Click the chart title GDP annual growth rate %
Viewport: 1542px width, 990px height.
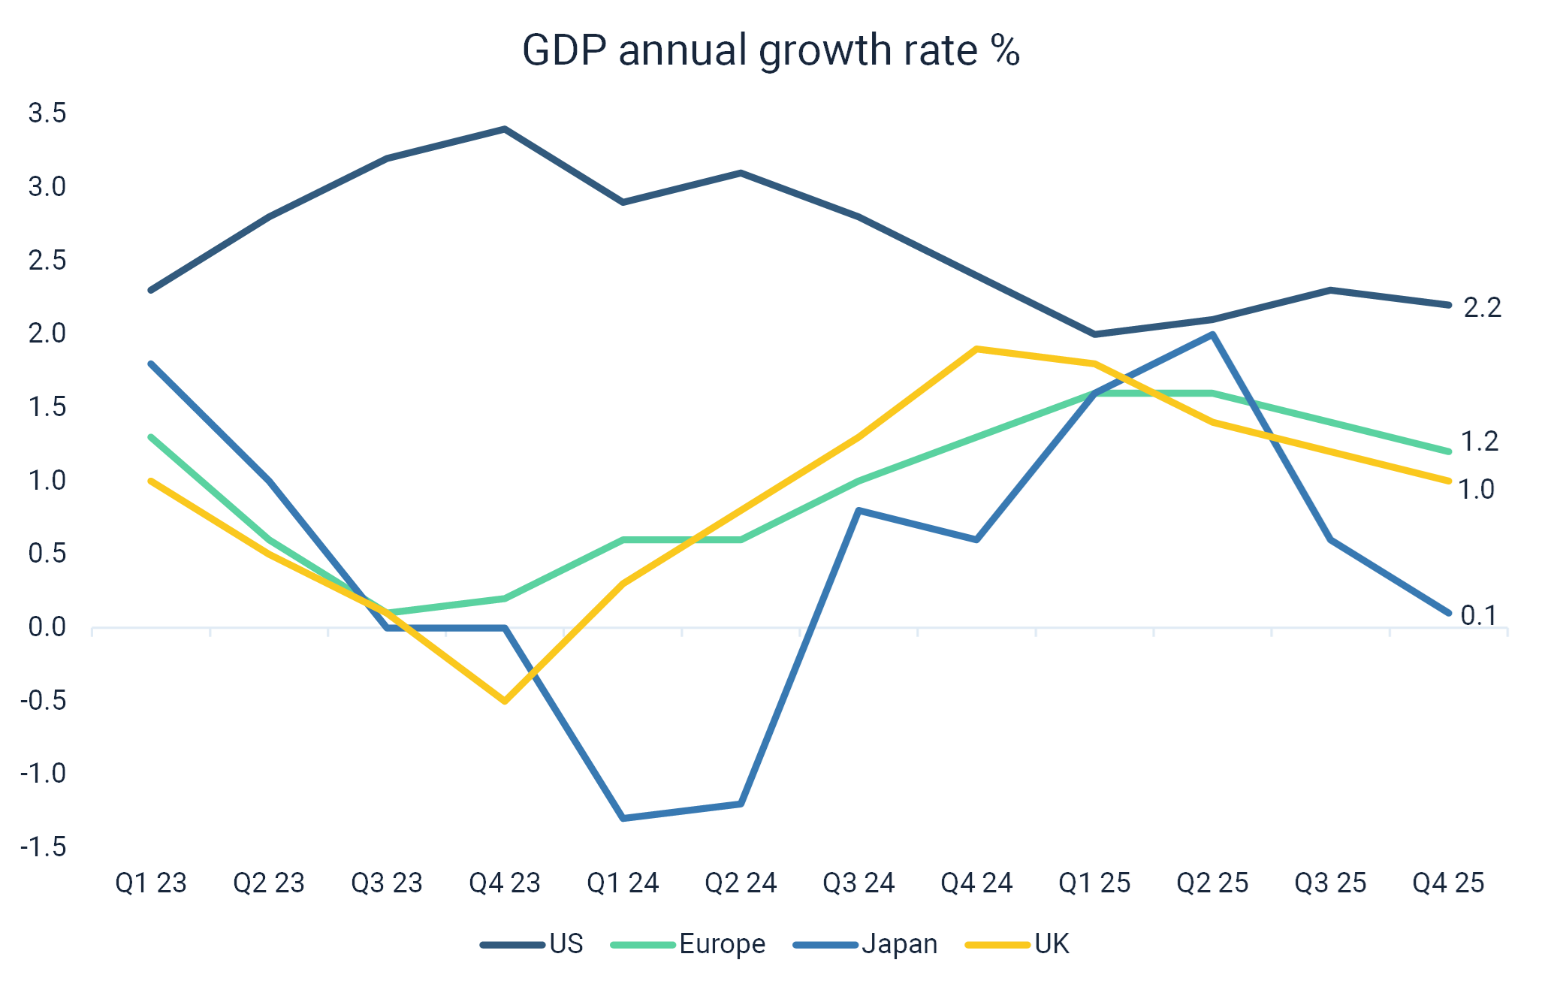pyautogui.click(x=771, y=51)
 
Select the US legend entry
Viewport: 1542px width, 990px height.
pyautogui.click(x=566, y=944)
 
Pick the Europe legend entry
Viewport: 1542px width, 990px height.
pyautogui.click(x=723, y=944)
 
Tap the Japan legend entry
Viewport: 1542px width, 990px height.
pyautogui.click(x=900, y=944)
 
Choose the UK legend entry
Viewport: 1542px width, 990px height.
pyautogui.click(x=1052, y=944)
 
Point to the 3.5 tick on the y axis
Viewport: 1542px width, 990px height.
pyautogui.click(x=47, y=114)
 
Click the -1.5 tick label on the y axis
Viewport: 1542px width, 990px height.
pyautogui.click(x=43, y=847)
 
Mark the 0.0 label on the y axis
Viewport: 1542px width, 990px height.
pyautogui.click(x=47, y=627)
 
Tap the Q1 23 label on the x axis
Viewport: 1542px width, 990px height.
pyautogui.click(x=151, y=883)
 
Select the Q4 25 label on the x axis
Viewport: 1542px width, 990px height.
pyautogui.click(x=1449, y=883)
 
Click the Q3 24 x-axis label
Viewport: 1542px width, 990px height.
pyautogui.click(x=859, y=883)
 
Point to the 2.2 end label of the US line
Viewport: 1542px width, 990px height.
pyautogui.click(x=1482, y=308)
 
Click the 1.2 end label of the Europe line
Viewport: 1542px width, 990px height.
pyautogui.click(x=1480, y=442)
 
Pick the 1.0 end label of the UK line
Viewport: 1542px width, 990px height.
pyautogui.click(x=1477, y=490)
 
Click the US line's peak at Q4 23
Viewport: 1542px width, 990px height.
pyautogui.click(x=505, y=129)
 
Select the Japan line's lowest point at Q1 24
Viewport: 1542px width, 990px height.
pyautogui.click(x=623, y=818)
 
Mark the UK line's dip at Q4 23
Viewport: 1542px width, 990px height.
pyautogui.click(x=505, y=702)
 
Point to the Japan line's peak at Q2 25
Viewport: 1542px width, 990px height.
pyautogui.click(x=1213, y=335)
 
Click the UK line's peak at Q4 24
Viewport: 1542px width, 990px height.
pyautogui.click(x=976, y=349)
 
